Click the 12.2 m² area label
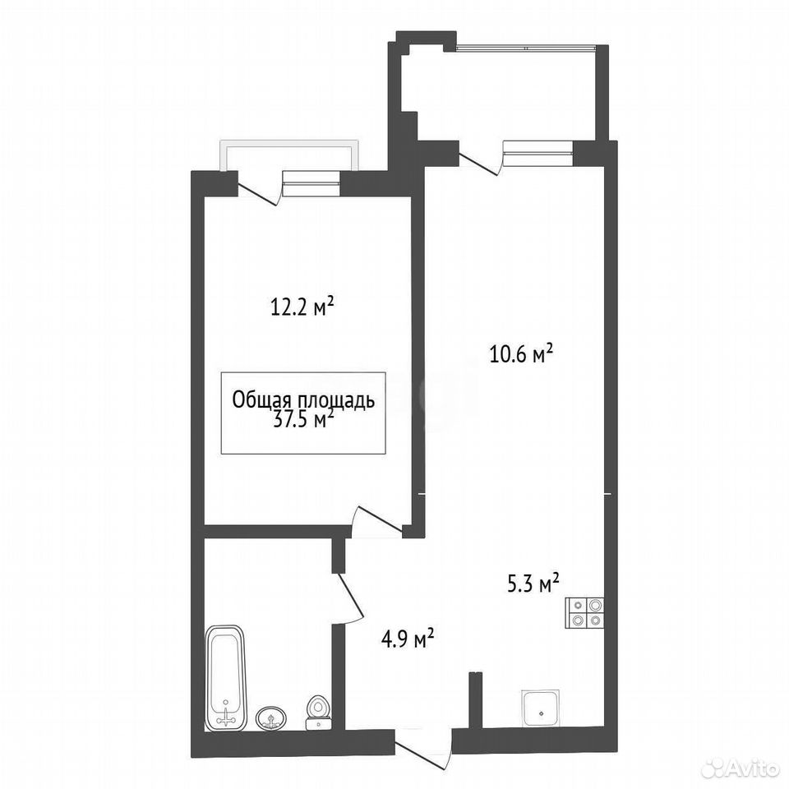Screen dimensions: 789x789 click(302, 307)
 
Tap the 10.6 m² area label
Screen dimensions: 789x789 click(521, 353)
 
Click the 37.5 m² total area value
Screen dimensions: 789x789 click(303, 418)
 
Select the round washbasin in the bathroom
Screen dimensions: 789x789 click(271, 717)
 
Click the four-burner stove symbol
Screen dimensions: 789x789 click(584, 612)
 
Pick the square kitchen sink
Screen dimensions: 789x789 click(541, 708)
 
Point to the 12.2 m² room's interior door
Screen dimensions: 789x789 click(377, 523)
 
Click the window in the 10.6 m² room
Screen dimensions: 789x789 click(538, 153)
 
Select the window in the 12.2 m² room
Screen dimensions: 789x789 click(311, 183)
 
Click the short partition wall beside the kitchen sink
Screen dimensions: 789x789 click(476, 699)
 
